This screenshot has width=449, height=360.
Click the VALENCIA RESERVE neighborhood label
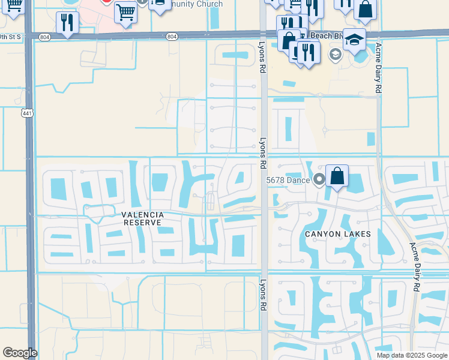(143, 218)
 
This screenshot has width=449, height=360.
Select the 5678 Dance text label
(288, 179)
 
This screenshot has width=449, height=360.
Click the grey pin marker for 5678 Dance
(319, 179)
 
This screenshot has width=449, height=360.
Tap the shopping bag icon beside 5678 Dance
(337, 176)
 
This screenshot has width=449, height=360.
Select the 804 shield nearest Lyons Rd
(173, 37)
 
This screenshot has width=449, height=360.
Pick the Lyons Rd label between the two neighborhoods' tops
(262, 154)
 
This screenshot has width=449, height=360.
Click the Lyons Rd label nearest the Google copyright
(263, 294)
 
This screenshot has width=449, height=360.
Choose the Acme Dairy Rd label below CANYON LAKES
(415, 267)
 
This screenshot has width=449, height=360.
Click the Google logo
(20, 353)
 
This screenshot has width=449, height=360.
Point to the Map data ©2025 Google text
(412, 355)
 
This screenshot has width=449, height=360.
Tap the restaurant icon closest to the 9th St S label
(67, 23)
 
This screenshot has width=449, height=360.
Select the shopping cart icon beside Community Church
(125, 11)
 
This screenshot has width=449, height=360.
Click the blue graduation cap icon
(355, 40)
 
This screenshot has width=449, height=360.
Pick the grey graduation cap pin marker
(335, 55)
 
